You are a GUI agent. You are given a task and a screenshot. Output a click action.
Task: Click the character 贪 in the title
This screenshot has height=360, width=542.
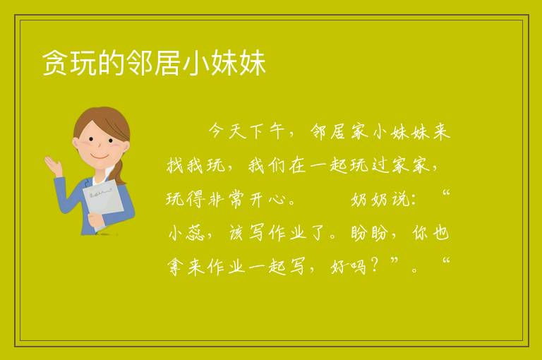(x=54, y=63)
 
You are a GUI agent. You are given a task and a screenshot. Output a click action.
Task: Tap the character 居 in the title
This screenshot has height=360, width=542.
(x=167, y=63)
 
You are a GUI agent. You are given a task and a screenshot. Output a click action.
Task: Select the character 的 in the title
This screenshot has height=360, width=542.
(x=111, y=63)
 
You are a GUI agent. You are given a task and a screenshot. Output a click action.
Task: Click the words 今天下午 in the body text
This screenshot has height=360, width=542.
(x=247, y=131)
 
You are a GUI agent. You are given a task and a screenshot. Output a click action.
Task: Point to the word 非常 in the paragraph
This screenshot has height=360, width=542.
(x=227, y=199)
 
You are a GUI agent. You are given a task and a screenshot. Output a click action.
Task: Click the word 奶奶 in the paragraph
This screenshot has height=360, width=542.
(x=371, y=199)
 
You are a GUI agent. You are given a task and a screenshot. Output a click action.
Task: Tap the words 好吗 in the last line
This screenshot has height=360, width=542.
(x=348, y=267)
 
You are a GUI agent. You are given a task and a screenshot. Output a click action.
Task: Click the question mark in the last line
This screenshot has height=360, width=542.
(x=374, y=265)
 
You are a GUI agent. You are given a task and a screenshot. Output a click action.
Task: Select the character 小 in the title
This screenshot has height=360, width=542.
(x=195, y=63)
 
